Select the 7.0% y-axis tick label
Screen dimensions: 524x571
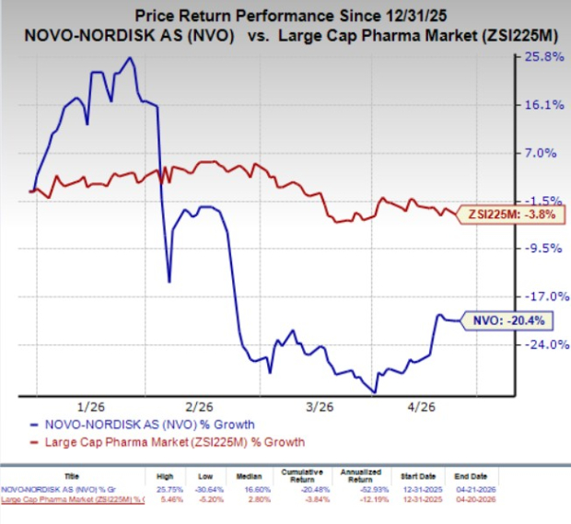544,153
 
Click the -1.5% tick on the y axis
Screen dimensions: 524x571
543,201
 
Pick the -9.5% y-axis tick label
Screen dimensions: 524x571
543,249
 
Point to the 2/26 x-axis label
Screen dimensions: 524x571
200,407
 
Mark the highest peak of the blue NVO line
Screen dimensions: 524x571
129,58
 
